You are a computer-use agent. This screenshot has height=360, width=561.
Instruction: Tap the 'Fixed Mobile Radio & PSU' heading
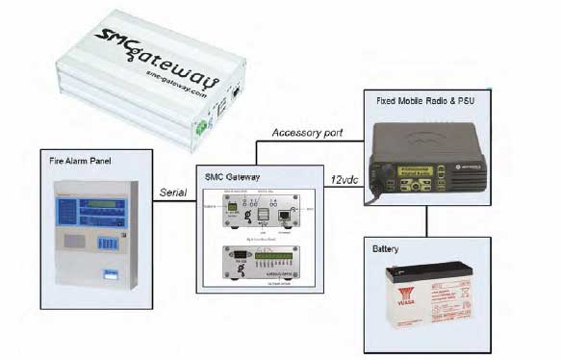click(x=421, y=100)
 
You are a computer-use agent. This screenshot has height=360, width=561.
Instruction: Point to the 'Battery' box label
click(x=386, y=247)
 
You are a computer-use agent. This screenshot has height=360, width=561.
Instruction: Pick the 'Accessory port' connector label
click(x=303, y=132)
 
